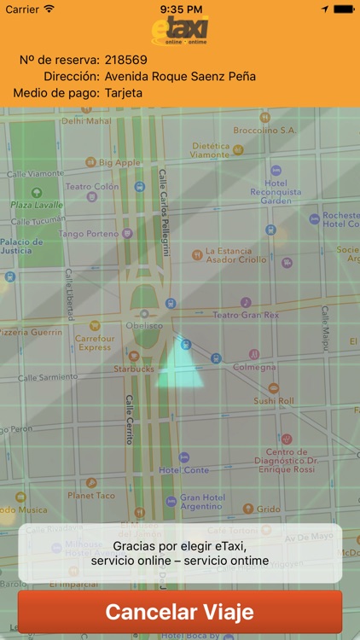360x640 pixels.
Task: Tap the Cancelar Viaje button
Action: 179,612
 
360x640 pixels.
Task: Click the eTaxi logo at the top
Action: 180,32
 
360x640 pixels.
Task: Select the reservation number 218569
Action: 126,61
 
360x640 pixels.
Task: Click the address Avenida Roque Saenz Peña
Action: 180,77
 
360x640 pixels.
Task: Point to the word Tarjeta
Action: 124,93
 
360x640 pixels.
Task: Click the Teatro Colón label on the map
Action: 92,187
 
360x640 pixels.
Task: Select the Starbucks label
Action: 134,369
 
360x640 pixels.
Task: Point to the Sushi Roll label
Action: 274,400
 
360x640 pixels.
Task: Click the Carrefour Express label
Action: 95,342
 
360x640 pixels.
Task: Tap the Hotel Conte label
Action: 183,470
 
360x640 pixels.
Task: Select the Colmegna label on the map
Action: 254,368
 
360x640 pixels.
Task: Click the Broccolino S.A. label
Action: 264,131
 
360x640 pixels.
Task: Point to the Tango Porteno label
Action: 89,234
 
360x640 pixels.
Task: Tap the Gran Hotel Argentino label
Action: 201,503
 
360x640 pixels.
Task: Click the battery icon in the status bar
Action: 344,9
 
